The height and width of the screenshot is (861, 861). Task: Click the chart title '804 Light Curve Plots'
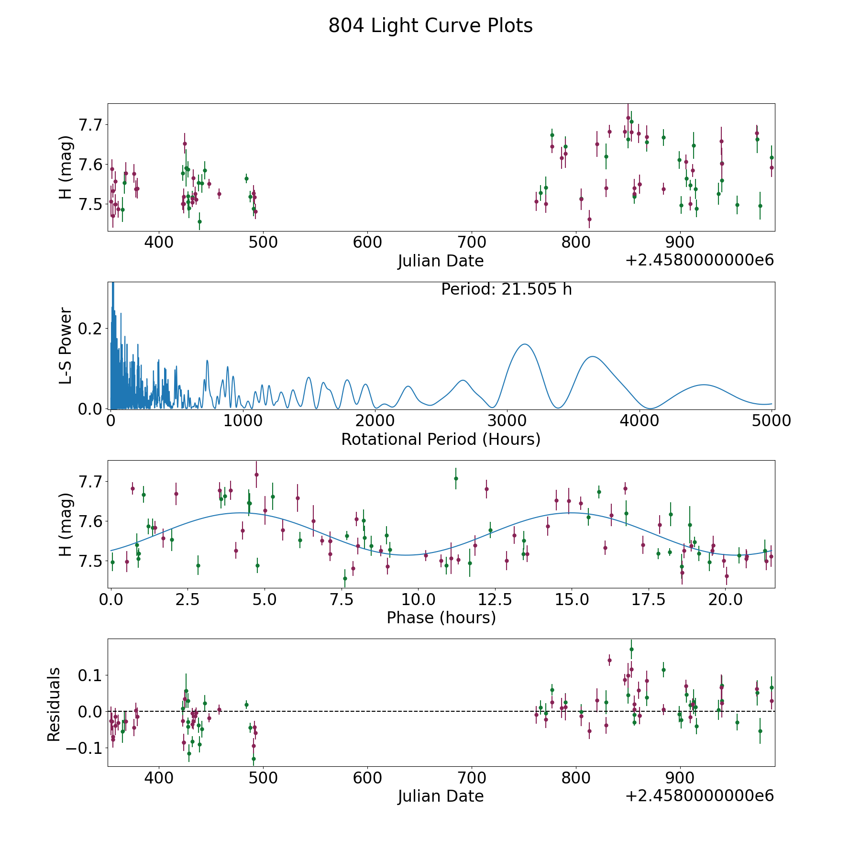(430, 26)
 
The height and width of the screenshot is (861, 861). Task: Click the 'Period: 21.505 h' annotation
(507, 289)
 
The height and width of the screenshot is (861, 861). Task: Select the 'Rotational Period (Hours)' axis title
(441, 439)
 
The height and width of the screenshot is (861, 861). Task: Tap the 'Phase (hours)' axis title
(441, 618)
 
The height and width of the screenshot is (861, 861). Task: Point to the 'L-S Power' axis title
(66, 345)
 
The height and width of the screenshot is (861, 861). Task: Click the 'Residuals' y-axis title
(54, 704)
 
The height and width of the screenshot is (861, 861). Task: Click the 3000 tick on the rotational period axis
(507, 420)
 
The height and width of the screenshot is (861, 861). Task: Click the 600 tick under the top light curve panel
(367, 242)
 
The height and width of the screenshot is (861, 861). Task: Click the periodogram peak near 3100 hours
(525, 344)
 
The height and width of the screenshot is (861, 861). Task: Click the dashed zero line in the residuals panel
(441, 711)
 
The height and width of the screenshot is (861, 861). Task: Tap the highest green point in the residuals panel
(631, 649)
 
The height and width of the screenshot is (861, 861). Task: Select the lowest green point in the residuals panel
(254, 759)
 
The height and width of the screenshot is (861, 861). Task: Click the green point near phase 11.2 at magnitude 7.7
(456, 478)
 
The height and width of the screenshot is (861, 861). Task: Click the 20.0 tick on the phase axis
(725, 599)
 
